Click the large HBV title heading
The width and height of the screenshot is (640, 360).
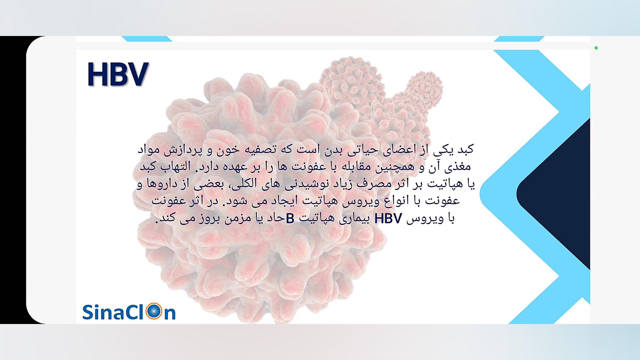[118, 74]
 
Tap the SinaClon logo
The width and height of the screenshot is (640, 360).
[129, 312]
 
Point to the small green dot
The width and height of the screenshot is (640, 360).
[596, 48]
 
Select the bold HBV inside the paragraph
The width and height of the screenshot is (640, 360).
[388, 219]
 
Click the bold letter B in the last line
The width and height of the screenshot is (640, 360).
[290, 219]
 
